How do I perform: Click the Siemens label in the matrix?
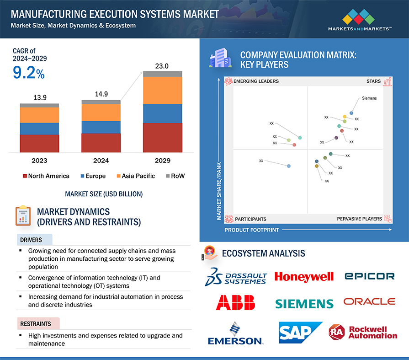coord(369,98)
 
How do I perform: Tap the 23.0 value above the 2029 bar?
coord(162,66)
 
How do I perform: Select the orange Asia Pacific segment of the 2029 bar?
coord(162,90)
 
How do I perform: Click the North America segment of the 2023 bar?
coord(39,143)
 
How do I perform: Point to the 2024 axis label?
coord(101,161)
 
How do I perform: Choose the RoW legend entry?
coord(175,176)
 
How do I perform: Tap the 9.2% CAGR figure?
coord(28,74)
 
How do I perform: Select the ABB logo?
coord(235,302)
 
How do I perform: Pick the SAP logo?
coord(300,333)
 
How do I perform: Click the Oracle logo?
coord(369,301)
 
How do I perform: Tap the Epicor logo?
coord(369,276)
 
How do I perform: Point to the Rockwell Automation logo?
coord(363,333)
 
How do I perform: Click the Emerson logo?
coord(235,333)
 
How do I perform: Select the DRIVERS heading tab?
coord(32,240)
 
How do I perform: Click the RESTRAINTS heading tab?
coord(36,324)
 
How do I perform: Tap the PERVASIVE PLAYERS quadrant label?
coord(359,219)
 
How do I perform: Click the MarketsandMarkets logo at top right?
coord(360,21)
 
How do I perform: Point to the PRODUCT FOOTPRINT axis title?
coord(251,230)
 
